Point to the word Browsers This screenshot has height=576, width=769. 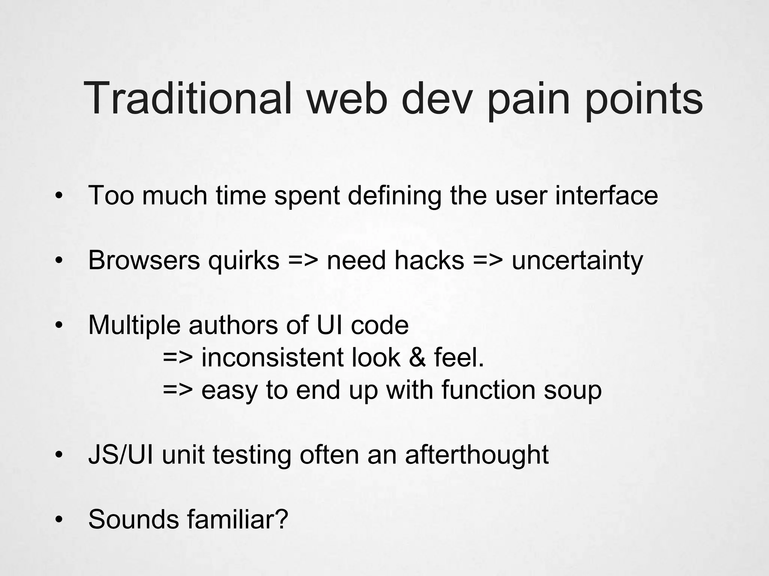144,260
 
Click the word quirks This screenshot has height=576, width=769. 244,260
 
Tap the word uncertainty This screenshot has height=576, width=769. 577,261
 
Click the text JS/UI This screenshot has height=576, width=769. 121,454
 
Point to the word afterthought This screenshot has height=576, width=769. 476,454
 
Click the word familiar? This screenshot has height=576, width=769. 237,519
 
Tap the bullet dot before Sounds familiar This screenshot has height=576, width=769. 58,520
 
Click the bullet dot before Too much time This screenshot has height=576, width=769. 58,196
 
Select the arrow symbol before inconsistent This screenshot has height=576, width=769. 178,358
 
